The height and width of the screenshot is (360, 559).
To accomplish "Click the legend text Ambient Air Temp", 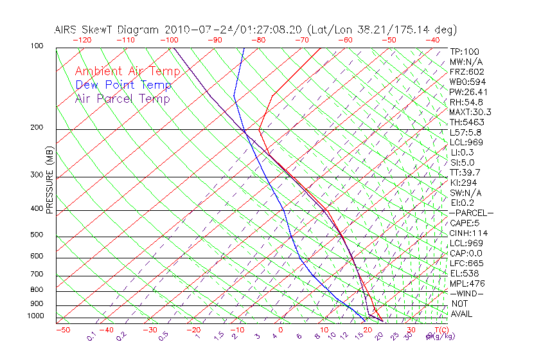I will [x=123, y=71].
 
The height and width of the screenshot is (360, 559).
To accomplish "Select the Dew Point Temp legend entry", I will [x=123, y=85].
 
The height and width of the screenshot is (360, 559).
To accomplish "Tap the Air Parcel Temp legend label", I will [x=122, y=98].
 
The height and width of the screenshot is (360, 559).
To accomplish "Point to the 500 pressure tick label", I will [x=36, y=235].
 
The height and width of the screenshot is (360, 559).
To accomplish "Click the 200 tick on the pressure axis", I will [x=36, y=127].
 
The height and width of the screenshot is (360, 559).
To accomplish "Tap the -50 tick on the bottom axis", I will [x=62, y=330].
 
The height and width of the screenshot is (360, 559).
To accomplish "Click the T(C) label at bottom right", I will [x=442, y=330].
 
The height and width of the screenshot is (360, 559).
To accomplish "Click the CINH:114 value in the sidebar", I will [x=467, y=233].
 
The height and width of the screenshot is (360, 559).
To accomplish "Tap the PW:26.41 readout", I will [x=468, y=91].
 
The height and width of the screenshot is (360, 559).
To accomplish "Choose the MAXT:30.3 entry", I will [x=470, y=112].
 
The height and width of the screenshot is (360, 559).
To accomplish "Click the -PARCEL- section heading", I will [x=471, y=213].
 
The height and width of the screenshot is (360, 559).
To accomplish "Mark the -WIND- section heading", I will [x=467, y=293].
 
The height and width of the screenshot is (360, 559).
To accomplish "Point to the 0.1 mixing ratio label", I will [x=91, y=337].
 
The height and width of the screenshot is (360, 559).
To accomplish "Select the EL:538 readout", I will [x=464, y=273].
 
